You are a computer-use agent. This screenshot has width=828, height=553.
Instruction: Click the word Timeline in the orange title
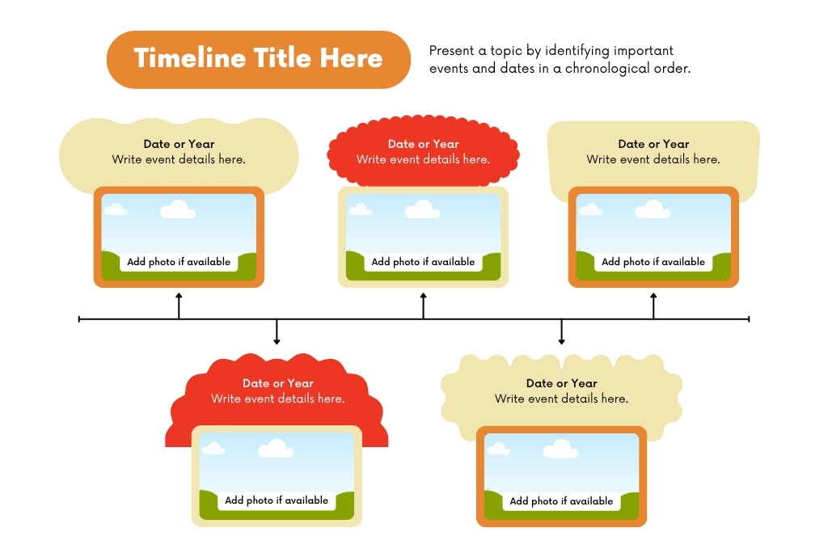(189, 57)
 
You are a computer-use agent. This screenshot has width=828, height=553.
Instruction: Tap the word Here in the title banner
(351, 57)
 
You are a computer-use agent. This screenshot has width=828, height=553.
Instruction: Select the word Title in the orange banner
(282, 57)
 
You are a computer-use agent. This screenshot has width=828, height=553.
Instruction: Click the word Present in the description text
(451, 51)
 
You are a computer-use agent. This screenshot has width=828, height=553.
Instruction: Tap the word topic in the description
(506, 51)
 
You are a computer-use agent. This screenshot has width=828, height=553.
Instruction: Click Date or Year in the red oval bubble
(424, 144)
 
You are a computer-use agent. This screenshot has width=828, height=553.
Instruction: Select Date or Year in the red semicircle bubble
(278, 383)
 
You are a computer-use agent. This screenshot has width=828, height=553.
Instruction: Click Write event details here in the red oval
(423, 159)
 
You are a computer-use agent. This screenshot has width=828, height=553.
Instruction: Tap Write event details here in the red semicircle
(278, 399)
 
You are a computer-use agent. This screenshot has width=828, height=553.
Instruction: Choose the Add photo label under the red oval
(423, 261)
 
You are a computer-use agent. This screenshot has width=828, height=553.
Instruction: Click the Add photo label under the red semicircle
(277, 500)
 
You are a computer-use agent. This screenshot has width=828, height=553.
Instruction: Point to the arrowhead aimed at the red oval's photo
(424, 296)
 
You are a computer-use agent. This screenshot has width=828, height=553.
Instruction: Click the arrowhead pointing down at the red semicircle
(277, 342)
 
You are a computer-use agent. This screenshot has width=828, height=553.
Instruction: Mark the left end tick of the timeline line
(79, 319)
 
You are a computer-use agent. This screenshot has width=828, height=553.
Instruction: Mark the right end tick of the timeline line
(749, 319)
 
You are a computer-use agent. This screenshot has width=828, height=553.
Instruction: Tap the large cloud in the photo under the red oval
(422, 209)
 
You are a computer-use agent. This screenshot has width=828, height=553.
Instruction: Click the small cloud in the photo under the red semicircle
(213, 449)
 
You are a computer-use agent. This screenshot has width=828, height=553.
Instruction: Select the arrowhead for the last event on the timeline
(653, 296)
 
